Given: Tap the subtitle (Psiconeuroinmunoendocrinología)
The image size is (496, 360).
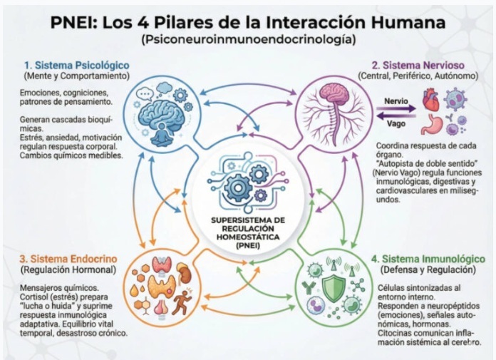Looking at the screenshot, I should click(x=248, y=39).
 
